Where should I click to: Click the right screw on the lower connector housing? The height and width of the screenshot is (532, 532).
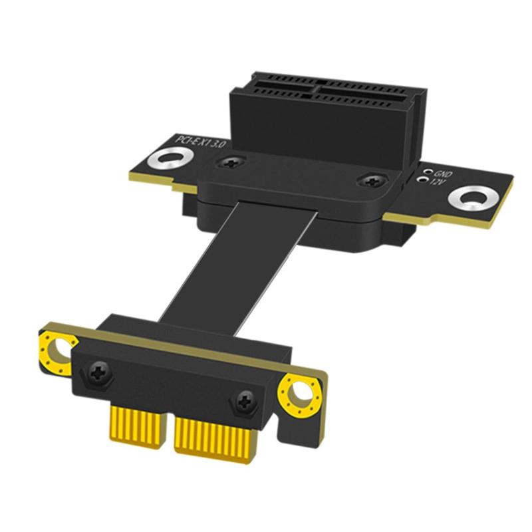(243, 401)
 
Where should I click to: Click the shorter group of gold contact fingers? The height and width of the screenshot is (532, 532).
(136, 428)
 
